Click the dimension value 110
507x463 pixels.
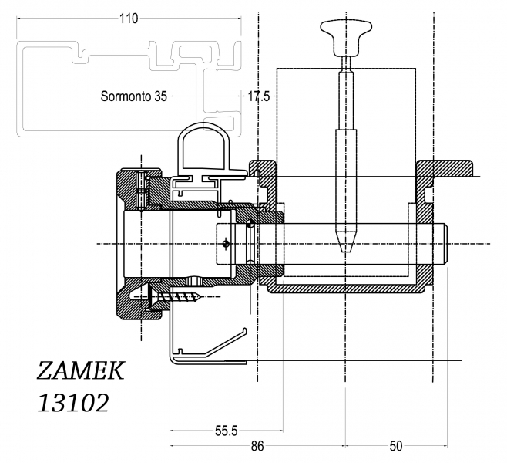pos(127,19)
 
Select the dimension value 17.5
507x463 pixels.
pos(258,97)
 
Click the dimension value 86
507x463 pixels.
pos(257,446)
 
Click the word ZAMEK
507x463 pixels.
pos(79,371)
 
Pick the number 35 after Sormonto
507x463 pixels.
pos(159,97)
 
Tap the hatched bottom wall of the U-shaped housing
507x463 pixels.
pos(347,289)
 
